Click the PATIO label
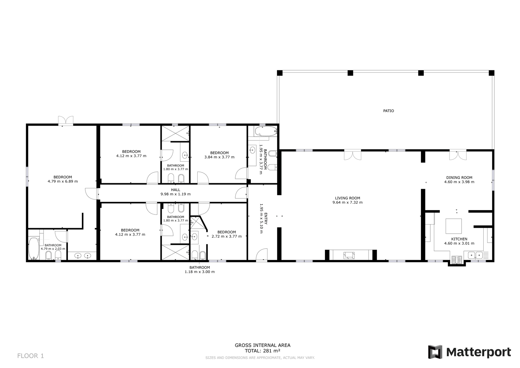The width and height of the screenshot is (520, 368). (388, 111)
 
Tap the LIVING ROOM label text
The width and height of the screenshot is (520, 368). (347, 198)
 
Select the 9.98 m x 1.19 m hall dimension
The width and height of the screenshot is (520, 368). (175, 194)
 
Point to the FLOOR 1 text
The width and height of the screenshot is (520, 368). (31, 356)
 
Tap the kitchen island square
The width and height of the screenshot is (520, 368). (453, 226)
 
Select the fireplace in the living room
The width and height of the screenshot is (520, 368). (349, 255)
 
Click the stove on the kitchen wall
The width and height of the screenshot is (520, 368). (457, 260)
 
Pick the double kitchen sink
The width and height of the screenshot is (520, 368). (475, 255)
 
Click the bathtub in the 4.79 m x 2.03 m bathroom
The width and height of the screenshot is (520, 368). (34, 249)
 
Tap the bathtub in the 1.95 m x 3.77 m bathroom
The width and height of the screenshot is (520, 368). (266, 131)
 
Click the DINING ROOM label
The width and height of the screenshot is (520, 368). (459, 178)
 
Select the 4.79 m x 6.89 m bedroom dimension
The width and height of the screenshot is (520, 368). (63, 181)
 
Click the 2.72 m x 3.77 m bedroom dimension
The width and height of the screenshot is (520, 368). (227, 237)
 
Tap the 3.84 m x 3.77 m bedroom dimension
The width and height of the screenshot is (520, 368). (219, 157)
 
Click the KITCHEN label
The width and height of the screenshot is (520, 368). (459, 239)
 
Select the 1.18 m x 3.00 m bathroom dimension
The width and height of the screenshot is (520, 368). (200, 272)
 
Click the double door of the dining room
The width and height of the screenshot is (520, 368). (458, 156)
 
